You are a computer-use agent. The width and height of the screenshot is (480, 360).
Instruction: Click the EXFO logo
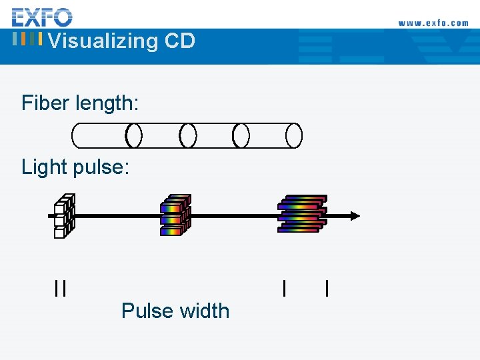tap(42, 16)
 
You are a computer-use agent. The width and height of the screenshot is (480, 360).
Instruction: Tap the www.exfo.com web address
tap(433, 23)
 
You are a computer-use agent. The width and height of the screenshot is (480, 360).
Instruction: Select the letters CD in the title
tap(179, 41)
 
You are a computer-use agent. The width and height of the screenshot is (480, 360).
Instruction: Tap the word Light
tap(44, 167)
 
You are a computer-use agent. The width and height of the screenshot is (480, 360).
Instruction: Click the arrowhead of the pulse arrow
tap(355, 215)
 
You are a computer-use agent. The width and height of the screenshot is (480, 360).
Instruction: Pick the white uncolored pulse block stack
tap(64, 215)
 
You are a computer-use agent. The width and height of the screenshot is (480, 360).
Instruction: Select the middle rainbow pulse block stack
tap(175, 215)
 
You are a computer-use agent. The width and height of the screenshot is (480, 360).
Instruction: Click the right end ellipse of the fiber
tap(294, 136)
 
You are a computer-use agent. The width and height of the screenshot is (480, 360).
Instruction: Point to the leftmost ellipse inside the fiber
tap(134, 136)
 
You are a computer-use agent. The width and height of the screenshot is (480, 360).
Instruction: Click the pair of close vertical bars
tap(61, 288)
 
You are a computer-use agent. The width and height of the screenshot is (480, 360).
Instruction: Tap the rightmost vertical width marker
tap(326, 288)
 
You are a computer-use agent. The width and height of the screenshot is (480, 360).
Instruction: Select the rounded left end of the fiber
tap(75, 136)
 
